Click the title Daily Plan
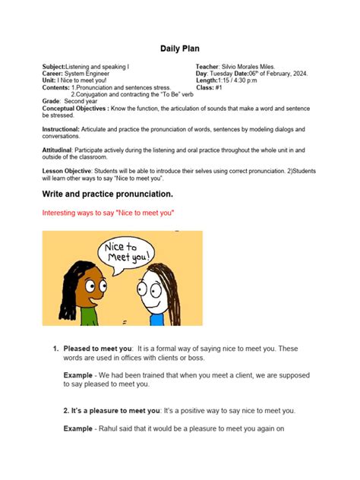point(179,49)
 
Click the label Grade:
point(52,101)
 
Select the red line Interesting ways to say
point(109,214)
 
